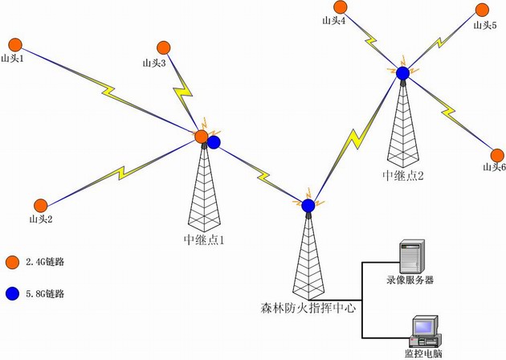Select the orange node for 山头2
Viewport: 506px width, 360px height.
(x=39, y=206)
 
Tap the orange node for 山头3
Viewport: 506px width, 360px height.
(x=164, y=47)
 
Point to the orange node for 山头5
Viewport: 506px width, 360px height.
(x=482, y=10)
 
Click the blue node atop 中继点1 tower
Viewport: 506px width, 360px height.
(x=214, y=142)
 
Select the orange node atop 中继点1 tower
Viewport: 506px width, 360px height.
(x=201, y=137)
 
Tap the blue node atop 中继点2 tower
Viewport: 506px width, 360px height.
(x=402, y=73)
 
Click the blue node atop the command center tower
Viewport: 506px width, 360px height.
(x=308, y=206)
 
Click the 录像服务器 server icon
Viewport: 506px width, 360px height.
(x=413, y=258)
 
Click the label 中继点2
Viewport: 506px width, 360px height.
(x=402, y=174)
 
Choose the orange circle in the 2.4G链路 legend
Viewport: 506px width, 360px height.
(x=11, y=263)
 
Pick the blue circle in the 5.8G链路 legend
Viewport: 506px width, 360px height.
(x=11, y=293)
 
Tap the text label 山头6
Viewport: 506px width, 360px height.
(x=493, y=167)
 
